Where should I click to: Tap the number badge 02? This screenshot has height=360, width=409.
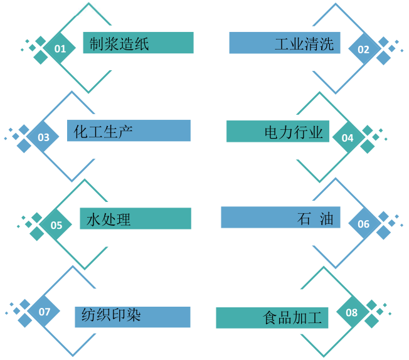(364, 49)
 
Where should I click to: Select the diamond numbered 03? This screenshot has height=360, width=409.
(44, 137)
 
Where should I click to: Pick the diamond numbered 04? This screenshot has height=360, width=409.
(348, 137)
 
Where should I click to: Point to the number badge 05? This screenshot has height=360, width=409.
(56, 225)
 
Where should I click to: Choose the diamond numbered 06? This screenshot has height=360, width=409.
(364, 223)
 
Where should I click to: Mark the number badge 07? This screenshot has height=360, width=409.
(44, 312)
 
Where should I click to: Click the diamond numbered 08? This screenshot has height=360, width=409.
(351, 312)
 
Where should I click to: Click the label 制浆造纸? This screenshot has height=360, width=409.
(119, 44)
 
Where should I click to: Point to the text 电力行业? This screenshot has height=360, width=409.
(294, 132)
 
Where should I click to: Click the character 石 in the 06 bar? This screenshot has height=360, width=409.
(304, 220)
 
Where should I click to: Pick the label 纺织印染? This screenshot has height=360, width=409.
(111, 315)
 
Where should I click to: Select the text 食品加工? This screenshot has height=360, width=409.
(293, 318)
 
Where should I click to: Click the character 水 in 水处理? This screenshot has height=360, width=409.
(93, 220)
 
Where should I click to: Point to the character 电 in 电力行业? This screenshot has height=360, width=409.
(271, 132)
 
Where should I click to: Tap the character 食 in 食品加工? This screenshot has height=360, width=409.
(270, 318)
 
